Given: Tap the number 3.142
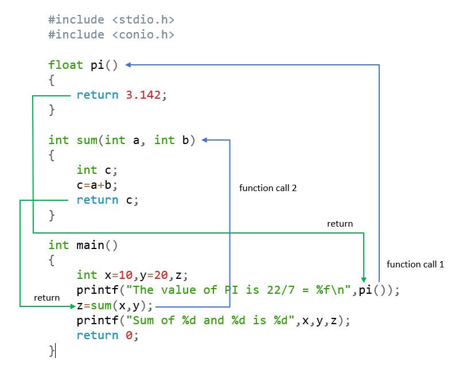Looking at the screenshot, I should (143, 95).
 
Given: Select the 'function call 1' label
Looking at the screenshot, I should (415, 265).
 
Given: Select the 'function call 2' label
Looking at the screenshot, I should (267, 188).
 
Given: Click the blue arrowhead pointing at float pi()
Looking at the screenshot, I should (129, 65).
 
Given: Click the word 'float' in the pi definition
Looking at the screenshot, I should (66, 65).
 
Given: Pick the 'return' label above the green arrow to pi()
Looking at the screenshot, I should (340, 224).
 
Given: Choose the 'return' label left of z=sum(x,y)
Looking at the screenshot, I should (46, 298).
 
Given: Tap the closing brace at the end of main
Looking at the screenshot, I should (52, 350).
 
